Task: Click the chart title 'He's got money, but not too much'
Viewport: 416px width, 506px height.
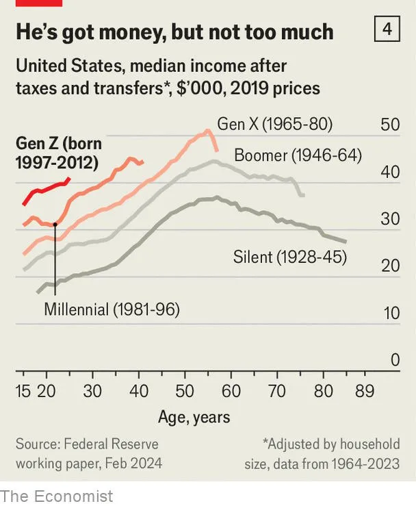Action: [x=174, y=32]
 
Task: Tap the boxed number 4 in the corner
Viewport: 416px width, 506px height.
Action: [x=387, y=30]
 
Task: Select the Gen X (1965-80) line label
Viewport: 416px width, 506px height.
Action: [x=274, y=124]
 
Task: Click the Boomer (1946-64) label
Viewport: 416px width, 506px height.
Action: [x=298, y=155]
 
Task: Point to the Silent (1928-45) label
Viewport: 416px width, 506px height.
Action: [x=290, y=257]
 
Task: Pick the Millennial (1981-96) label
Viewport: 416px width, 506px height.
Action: [x=112, y=309]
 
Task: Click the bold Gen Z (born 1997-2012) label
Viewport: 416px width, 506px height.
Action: [x=58, y=153]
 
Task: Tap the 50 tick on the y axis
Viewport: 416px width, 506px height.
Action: [x=390, y=125]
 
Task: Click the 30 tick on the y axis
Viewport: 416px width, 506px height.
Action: [x=390, y=219]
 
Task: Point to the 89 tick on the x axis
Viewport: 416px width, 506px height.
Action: [x=365, y=391]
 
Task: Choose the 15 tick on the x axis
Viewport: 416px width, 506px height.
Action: [x=24, y=391]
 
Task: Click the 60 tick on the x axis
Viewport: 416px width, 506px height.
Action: [x=231, y=391]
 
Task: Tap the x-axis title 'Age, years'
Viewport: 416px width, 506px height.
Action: [x=194, y=417]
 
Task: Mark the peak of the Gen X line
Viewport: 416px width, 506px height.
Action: [x=208, y=131]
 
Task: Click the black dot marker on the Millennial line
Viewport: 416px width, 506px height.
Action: [x=55, y=225]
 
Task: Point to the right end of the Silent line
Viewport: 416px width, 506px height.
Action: [x=346, y=242]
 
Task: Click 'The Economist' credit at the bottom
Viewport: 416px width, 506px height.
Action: [x=56, y=495]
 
